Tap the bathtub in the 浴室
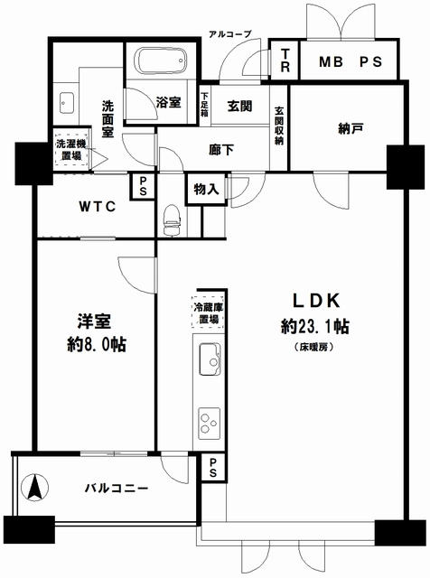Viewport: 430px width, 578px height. click(161, 61)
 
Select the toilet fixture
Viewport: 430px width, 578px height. click(171, 220)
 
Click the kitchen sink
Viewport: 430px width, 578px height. click(210, 359)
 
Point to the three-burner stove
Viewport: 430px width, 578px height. click(210, 424)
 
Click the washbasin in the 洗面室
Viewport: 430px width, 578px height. click(67, 103)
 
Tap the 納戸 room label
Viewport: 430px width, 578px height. click(351, 128)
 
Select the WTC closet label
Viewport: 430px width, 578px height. click(98, 207)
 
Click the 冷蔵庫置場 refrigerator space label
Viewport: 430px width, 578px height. click(209, 313)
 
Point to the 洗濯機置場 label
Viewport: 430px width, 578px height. click(71, 150)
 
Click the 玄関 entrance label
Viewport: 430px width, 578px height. click(239, 107)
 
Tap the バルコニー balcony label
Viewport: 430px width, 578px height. click(117, 489)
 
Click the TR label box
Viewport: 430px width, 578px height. click(285, 60)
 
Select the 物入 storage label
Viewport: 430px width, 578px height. click(206, 190)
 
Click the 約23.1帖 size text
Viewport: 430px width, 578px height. click(315, 326)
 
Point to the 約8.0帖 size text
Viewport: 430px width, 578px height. click(97, 344)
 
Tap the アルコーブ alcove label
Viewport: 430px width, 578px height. click(230, 34)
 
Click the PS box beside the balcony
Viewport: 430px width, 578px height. click(213, 467)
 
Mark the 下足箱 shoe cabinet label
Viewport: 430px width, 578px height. click(205, 105)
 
